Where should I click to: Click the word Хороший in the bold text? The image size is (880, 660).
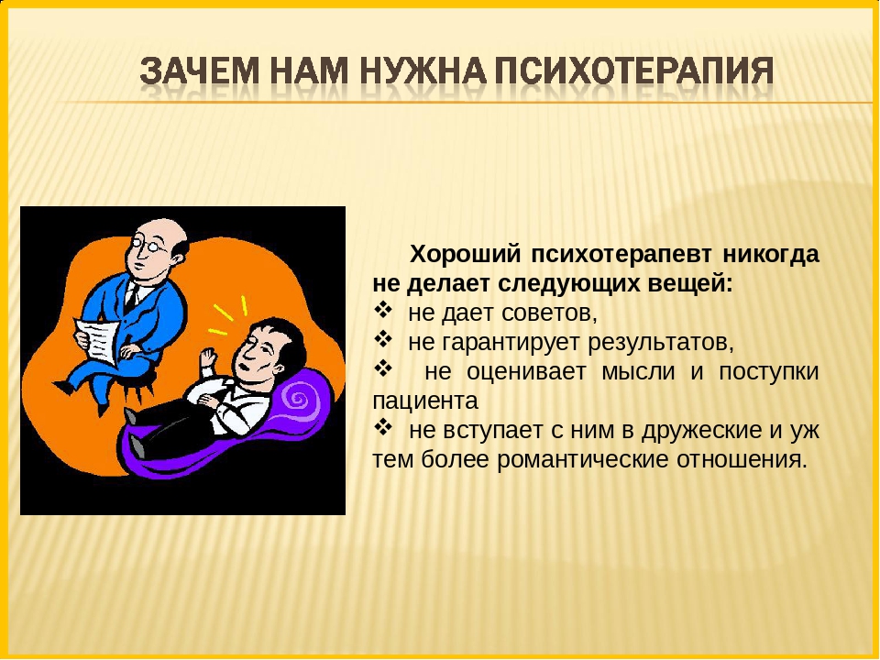click(x=466, y=254)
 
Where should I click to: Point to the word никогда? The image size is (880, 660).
click(x=771, y=254)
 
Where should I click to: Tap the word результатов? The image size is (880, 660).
click(x=661, y=342)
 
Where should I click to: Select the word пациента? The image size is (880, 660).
click(x=425, y=401)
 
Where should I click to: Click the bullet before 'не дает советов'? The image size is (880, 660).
click(x=382, y=310)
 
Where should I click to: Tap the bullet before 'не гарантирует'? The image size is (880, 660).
click(x=382, y=339)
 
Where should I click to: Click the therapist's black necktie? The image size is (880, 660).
click(x=132, y=297)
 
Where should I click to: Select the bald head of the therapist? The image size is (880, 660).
click(x=166, y=229)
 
